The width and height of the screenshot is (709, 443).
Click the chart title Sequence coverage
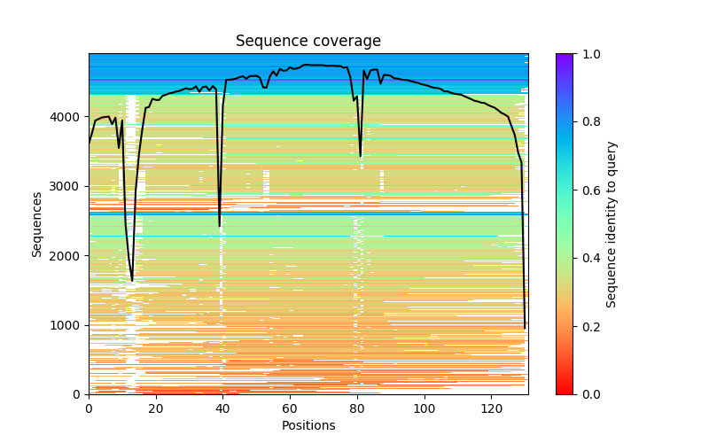click(x=308, y=42)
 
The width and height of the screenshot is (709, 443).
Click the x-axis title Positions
click(x=308, y=425)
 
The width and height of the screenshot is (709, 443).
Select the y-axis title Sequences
click(x=37, y=223)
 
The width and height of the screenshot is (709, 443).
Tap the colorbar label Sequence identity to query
click(x=612, y=223)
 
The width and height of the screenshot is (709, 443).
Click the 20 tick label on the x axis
click(x=156, y=408)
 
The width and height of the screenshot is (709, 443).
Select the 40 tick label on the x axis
click(x=223, y=408)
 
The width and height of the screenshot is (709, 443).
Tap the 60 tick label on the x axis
click(x=290, y=408)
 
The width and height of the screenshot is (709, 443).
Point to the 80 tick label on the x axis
click(x=357, y=408)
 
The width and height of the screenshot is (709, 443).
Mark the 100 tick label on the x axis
click(x=425, y=408)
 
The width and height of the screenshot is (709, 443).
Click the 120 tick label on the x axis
click(x=492, y=408)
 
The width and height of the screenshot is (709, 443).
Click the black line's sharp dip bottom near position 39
click(x=220, y=226)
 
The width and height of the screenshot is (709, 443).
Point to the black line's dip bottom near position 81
click(x=360, y=157)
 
